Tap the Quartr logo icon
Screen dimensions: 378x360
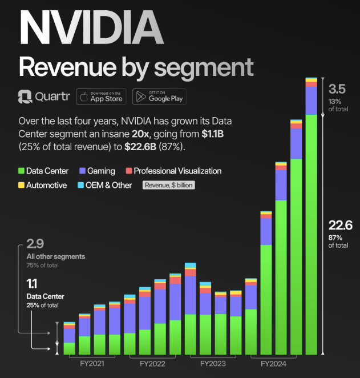coord(25,96)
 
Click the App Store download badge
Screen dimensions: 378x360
coord(101,96)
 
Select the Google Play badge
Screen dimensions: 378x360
coord(159,96)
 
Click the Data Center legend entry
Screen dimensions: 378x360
coord(43,171)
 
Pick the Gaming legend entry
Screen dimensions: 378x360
coord(98,171)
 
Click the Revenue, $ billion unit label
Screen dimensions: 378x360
coord(169,185)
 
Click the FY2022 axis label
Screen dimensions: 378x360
coord(152,364)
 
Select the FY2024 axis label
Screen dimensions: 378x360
coord(273,364)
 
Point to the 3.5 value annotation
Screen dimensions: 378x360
coord(337,89)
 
